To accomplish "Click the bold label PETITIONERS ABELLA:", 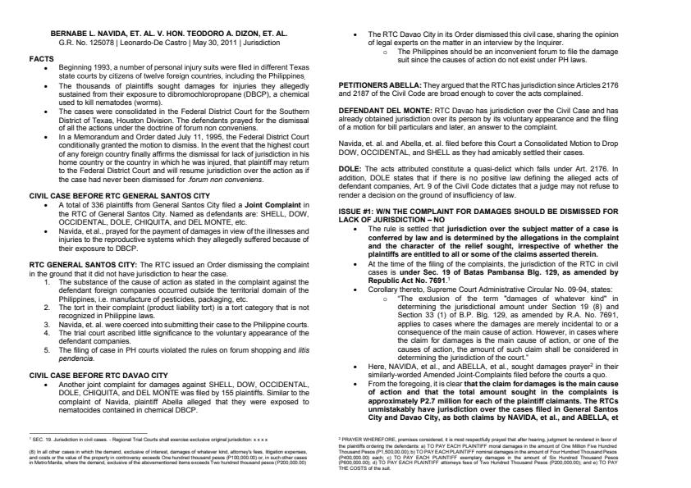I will (378, 84).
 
